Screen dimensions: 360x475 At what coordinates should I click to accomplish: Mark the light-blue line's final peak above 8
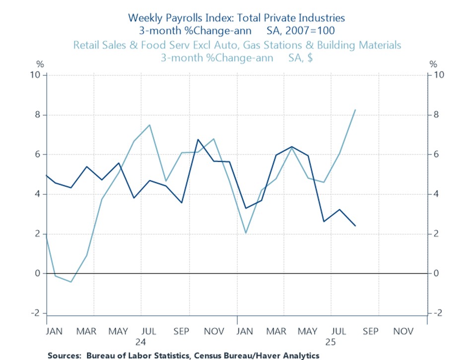(355, 110)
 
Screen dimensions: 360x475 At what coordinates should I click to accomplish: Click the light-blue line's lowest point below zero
(71, 282)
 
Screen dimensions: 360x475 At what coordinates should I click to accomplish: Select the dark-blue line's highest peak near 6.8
(198, 139)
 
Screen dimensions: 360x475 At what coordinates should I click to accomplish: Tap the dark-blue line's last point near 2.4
(355, 226)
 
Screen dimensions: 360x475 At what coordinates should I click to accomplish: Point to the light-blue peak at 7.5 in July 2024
(150, 124)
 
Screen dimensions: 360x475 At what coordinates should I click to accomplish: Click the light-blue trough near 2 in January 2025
(246, 233)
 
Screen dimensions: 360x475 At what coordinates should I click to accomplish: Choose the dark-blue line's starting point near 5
(46, 175)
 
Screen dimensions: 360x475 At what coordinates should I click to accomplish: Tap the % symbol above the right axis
(433, 64)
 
